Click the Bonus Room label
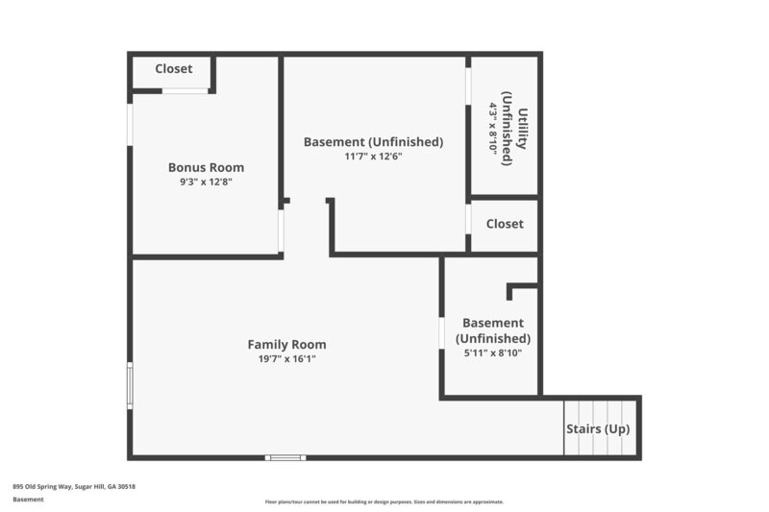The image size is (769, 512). pyautogui.click(x=206, y=166)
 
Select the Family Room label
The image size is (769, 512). pyautogui.click(x=286, y=344)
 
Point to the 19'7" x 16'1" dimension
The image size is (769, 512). pyautogui.click(x=286, y=358)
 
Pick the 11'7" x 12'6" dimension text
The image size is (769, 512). pyautogui.click(x=373, y=156)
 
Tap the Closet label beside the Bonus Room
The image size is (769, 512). pyautogui.click(x=173, y=69)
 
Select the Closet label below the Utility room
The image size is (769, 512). pyautogui.click(x=505, y=224)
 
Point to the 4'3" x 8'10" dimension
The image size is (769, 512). pyautogui.click(x=493, y=128)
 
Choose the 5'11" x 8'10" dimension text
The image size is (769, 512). pyautogui.click(x=493, y=353)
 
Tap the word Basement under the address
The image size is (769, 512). pyautogui.click(x=28, y=500)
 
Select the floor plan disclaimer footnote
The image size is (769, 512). pyautogui.click(x=384, y=501)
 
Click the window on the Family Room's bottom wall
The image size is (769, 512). pyautogui.click(x=285, y=457)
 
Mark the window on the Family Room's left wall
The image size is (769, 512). pyautogui.click(x=131, y=386)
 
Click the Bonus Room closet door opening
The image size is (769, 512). pyautogui.click(x=185, y=91)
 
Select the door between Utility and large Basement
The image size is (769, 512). pyautogui.click(x=469, y=86)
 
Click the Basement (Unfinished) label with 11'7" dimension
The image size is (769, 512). pyautogui.click(x=373, y=141)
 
